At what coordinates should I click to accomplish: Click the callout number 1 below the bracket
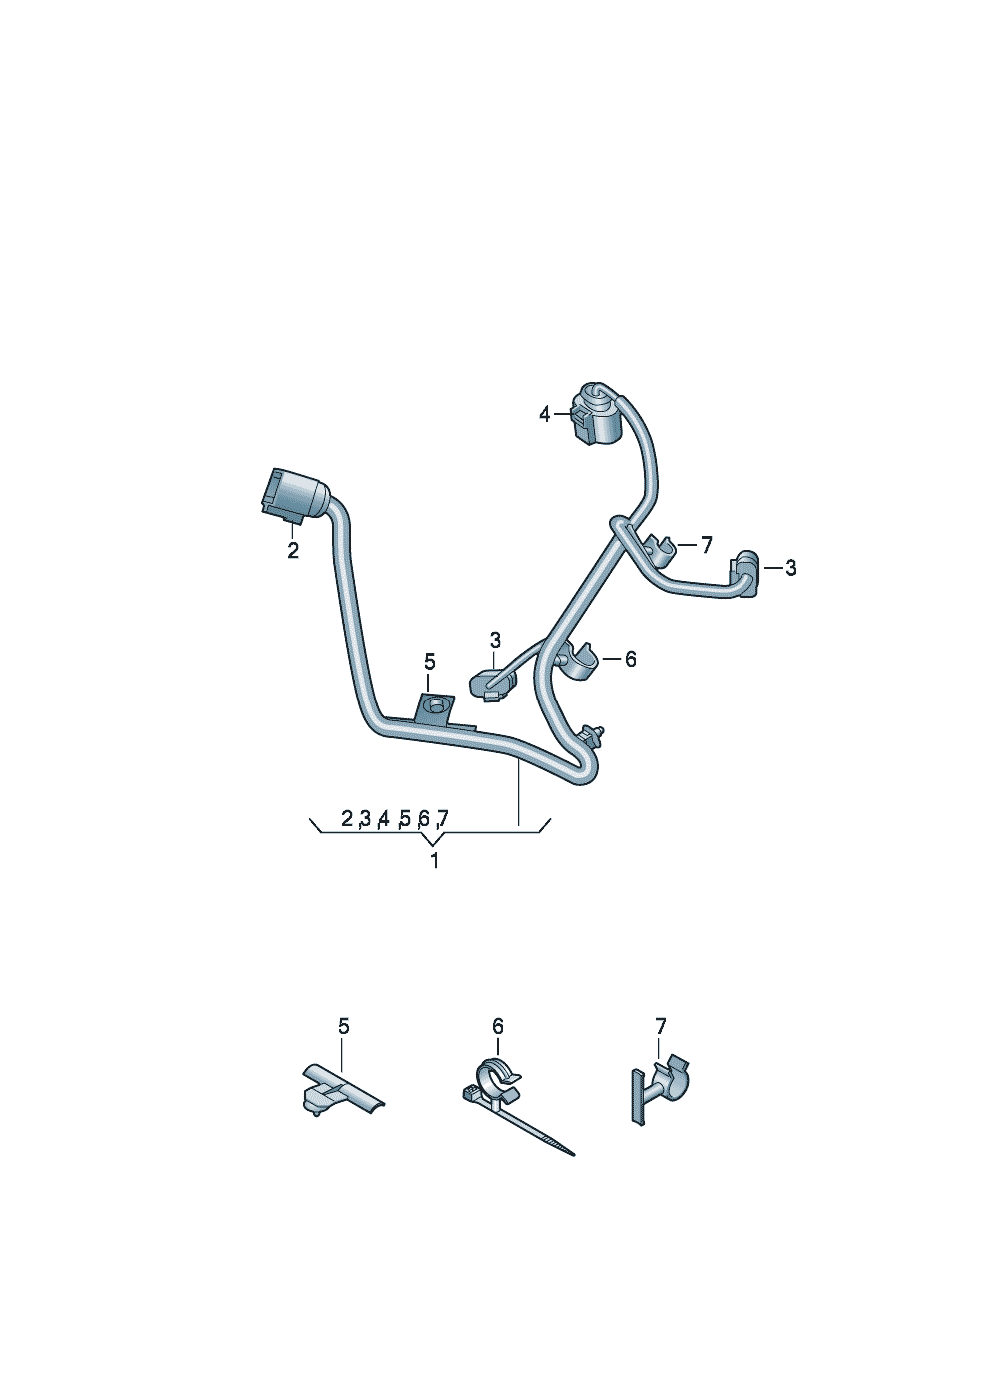click(434, 860)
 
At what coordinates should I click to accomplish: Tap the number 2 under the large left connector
click(293, 551)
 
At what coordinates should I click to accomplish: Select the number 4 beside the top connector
click(544, 414)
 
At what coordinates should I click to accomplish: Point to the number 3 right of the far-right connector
click(791, 568)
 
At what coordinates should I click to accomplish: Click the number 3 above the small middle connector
click(495, 640)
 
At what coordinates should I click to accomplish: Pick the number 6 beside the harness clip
click(630, 659)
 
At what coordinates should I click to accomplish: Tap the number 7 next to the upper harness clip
click(707, 546)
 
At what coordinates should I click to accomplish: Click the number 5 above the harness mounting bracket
click(430, 662)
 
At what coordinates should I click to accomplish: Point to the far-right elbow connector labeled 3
click(745, 573)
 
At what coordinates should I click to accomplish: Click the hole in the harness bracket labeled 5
click(433, 706)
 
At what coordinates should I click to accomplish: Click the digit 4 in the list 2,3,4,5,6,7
click(384, 818)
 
